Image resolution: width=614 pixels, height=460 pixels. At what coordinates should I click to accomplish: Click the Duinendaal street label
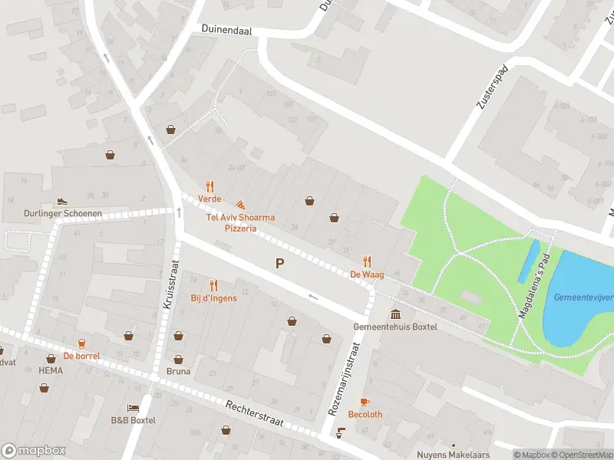[x=226, y=29]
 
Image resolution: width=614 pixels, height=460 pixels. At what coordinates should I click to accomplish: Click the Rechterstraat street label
[x=256, y=417]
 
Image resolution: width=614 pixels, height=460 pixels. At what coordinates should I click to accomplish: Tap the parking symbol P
[x=280, y=264]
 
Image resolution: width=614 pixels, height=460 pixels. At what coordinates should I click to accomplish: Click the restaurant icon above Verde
[x=210, y=186]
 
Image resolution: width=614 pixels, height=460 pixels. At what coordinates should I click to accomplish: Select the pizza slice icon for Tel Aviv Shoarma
[x=240, y=205]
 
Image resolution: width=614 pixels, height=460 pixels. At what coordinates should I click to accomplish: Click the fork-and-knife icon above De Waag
[x=368, y=261]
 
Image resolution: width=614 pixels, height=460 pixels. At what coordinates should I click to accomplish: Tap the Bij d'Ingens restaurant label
[x=213, y=297]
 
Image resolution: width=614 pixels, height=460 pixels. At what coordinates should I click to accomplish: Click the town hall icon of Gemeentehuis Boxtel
[x=395, y=314]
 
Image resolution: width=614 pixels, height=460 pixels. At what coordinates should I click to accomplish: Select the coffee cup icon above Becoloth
[x=365, y=402]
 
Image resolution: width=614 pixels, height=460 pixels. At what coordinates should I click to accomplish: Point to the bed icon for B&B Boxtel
[x=133, y=408]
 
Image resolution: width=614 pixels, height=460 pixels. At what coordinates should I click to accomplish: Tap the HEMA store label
[x=51, y=370]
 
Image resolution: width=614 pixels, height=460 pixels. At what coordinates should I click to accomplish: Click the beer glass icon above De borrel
[x=81, y=343]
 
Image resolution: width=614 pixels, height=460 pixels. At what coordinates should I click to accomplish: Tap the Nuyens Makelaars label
[x=453, y=455]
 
